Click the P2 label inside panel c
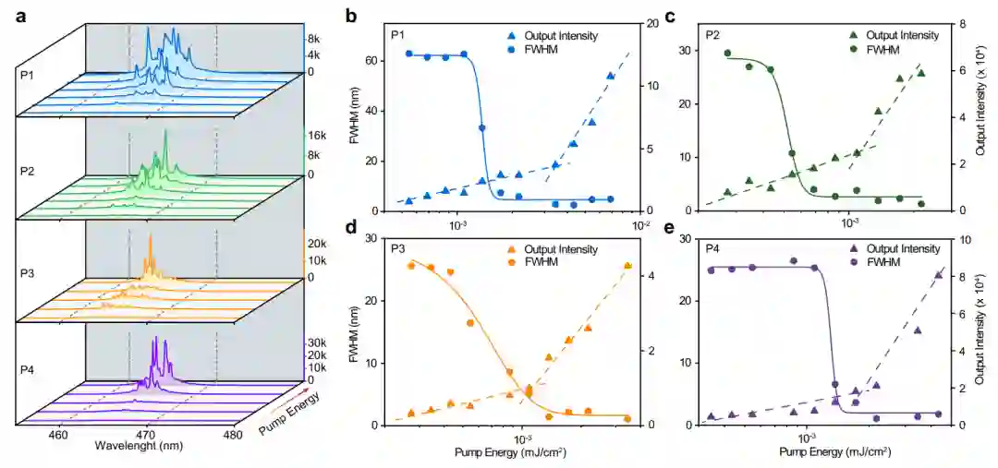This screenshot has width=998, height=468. (712, 36)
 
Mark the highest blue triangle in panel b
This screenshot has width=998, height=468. (611, 77)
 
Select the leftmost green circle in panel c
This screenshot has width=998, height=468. (727, 54)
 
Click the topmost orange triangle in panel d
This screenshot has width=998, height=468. (628, 266)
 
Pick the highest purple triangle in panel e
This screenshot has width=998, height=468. (939, 274)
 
